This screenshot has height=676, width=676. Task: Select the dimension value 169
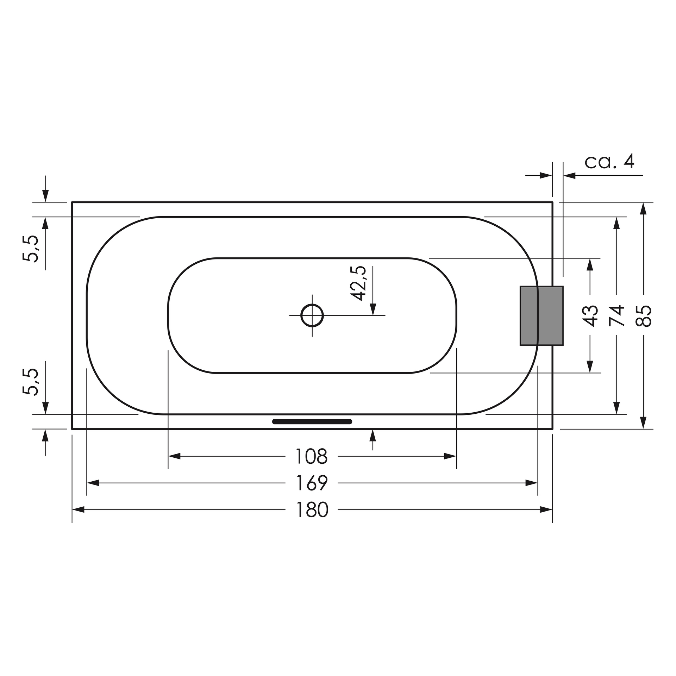[312, 483]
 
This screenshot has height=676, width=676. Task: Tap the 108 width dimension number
[312, 456]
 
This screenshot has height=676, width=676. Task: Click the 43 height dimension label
[590, 315]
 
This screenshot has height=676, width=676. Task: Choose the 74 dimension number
[617, 315]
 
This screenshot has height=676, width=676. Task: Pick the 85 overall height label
[644, 315]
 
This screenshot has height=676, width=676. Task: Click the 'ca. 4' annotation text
[609, 162]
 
